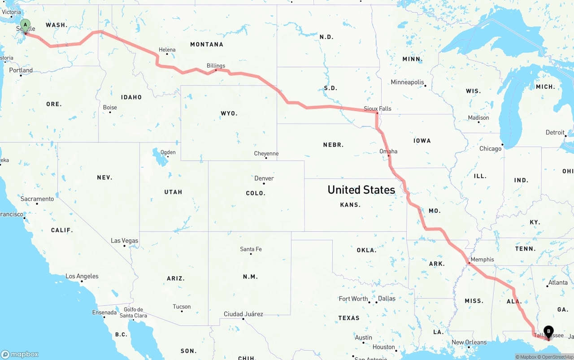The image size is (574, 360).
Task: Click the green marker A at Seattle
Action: [25, 25]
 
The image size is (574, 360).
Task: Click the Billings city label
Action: [216, 65]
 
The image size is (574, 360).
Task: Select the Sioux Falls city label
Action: [377, 108]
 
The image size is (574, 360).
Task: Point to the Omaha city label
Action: [388, 151]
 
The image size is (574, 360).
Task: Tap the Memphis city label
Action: [482, 259]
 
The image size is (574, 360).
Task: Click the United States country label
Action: [361, 190]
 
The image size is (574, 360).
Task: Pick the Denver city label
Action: [264, 178]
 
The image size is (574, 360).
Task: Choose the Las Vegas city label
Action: [125, 241]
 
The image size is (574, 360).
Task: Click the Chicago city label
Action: [490, 148]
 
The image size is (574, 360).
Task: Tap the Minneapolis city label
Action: [407, 82]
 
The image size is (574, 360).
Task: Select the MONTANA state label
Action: [207, 44]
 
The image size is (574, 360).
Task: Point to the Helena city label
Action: [167, 50]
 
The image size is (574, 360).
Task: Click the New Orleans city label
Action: [469, 342]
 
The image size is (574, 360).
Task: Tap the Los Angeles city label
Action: [82, 276]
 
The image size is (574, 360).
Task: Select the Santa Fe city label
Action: [251, 249]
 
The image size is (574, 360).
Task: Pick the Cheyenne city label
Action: [266, 153]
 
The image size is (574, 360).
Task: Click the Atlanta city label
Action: [558, 282]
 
